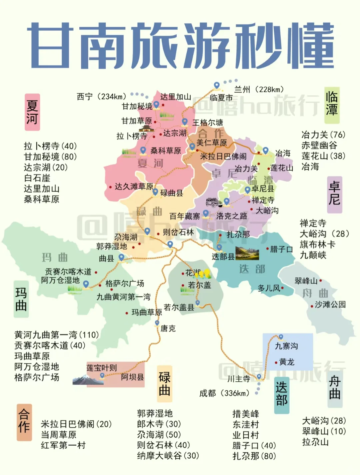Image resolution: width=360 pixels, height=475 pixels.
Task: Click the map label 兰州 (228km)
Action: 259,89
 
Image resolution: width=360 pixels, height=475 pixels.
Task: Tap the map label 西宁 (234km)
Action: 102,97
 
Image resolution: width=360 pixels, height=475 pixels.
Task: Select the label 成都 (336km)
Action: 224,393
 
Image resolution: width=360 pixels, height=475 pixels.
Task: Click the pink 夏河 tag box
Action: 32,112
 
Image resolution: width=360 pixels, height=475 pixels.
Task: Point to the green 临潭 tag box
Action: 332,105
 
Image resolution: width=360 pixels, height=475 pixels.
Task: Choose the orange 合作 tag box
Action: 24,422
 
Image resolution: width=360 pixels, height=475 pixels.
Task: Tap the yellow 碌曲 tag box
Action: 165,383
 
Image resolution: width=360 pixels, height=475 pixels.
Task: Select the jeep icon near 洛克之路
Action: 213,202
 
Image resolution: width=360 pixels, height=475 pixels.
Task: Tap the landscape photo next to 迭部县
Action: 247,253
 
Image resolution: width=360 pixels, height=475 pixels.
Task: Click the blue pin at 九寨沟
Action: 281,337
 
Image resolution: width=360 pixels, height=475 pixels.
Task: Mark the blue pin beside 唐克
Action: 157,323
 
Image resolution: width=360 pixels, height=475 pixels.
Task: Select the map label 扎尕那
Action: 238,235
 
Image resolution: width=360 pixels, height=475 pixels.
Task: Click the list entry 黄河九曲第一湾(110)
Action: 57,334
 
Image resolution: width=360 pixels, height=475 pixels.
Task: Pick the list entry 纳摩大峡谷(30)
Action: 168,456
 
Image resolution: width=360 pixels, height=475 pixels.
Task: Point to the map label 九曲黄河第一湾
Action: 123,297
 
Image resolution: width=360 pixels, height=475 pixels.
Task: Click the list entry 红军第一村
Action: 63,445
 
